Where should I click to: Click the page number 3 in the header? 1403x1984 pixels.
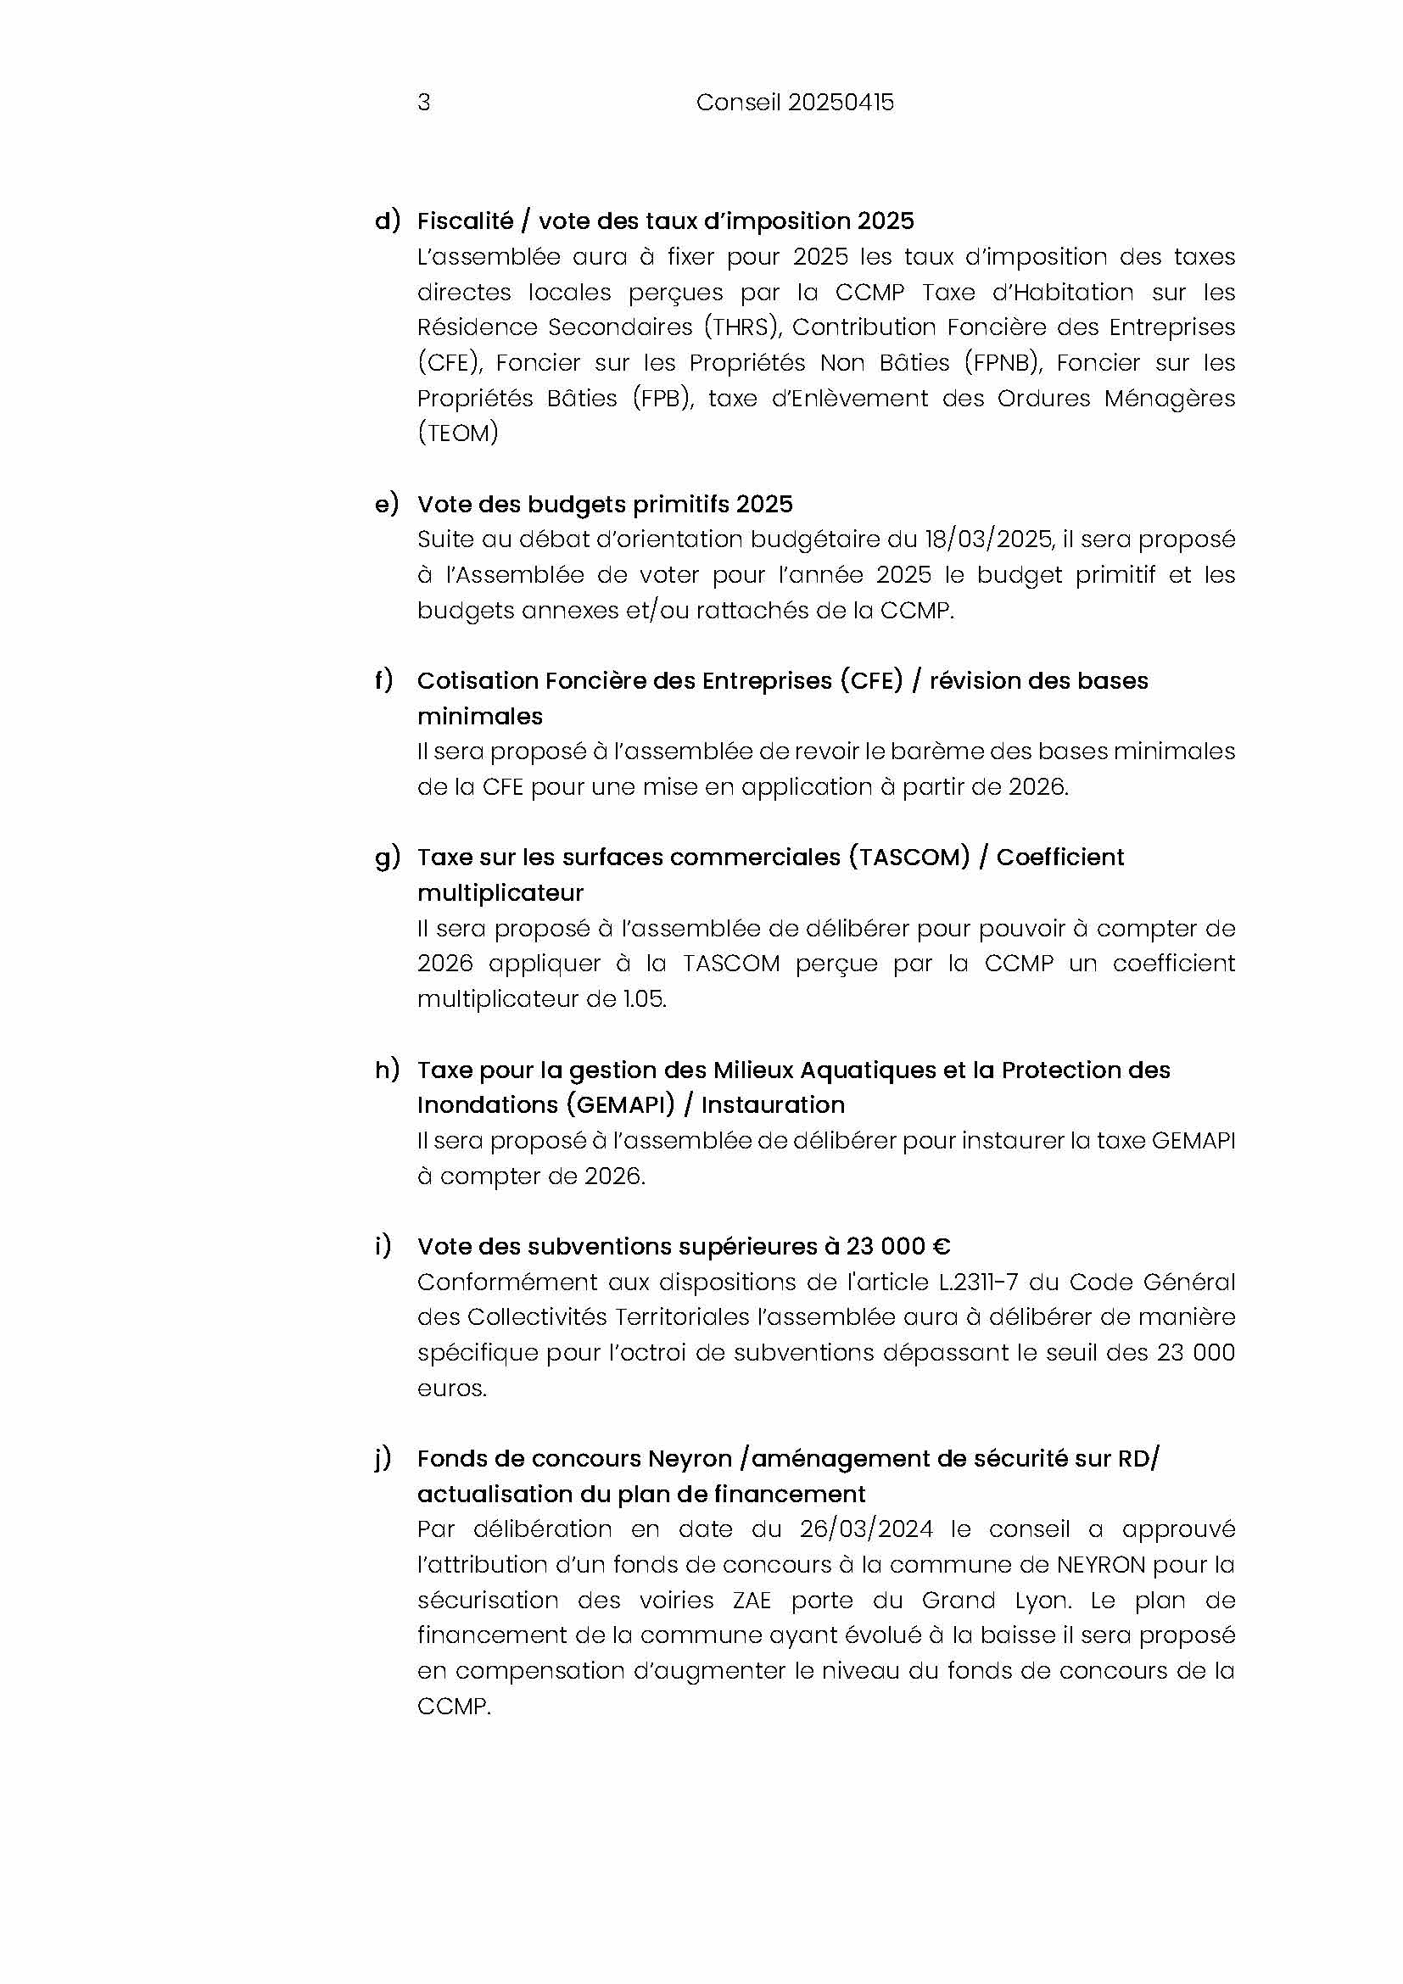pyautogui.click(x=423, y=103)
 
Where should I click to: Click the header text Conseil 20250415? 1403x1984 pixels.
pyautogui.click(x=795, y=103)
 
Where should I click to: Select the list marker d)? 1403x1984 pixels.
pyautogui.click(x=387, y=221)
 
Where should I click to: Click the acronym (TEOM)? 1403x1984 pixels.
pyautogui.click(x=458, y=433)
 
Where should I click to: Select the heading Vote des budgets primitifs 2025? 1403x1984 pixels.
pyautogui.click(x=605, y=505)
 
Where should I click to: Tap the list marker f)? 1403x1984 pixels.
pyautogui.click(x=383, y=680)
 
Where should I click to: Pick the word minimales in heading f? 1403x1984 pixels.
pyautogui.click(x=479, y=717)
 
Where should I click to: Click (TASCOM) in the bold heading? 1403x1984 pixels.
pyautogui.click(x=908, y=858)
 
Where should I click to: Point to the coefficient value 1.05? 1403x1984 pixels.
pyautogui.click(x=645, y=999)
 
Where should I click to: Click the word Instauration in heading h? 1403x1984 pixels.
pyautogui.click(x=773, y=1105)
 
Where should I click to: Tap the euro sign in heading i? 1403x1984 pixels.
pyautogui.click(x=941, y=1247)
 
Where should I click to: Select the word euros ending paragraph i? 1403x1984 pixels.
pyautogui.click(x=451, y=1389)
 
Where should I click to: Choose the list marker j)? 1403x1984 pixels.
pyautogui.click(x=383, y=1460)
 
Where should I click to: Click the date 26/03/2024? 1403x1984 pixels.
pyautogui.click(x=866, y=1529)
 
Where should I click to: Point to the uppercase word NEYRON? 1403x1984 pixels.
pyautogui.click(x=1101, y=1565)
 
